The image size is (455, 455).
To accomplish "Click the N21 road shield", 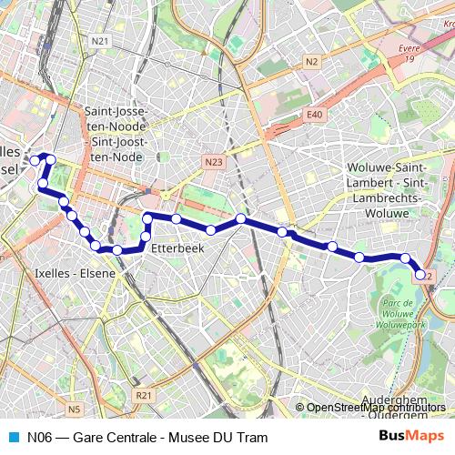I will pos(100,42).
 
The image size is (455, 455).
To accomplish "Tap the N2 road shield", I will pos(312,62).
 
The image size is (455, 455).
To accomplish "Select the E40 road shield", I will pos(315,115).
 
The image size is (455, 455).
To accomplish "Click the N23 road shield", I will pos(213,162).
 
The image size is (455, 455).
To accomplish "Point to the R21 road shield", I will pos(143,396).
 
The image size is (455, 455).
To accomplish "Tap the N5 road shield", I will pos(74,409).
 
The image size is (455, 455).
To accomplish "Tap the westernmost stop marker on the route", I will pos(35,160).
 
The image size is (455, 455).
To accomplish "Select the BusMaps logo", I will pos(411,437).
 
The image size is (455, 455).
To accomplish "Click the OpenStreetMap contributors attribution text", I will pos(373,407).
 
